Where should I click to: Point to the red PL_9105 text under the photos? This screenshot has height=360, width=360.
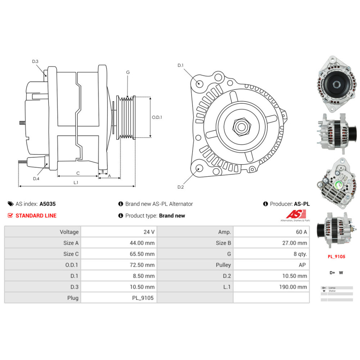[x=336, y=257]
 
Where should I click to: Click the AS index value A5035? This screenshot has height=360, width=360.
[x=48, y=204]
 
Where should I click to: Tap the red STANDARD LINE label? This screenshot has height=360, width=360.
[x=36, y=216]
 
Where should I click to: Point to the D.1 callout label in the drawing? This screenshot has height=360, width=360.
[x=180, y=65]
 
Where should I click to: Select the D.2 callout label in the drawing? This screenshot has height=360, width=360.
[x=180, y=187]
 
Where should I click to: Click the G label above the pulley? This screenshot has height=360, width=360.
[x=128, y=72]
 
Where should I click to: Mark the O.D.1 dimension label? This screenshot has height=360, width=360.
[x=157, y=117]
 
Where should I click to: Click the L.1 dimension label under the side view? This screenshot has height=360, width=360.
[x=76, y=183]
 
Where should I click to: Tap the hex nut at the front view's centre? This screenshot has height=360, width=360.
[x=240, y=127]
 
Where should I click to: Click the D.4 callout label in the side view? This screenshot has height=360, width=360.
[x=36, y=179]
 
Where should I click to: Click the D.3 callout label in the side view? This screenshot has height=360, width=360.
[x=35, y=62]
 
